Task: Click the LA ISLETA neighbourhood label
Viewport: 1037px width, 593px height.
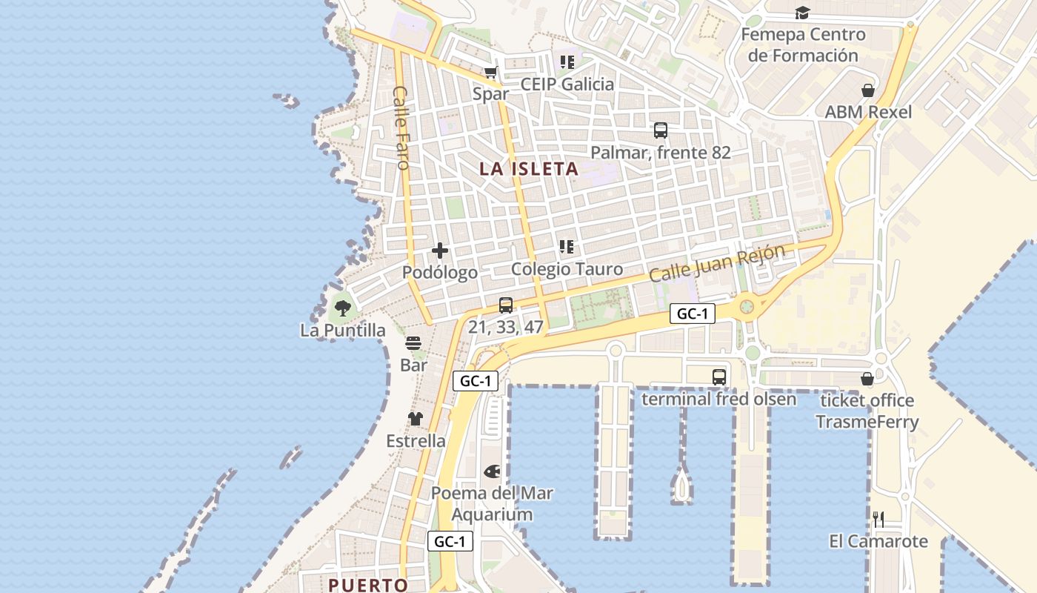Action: click(x=528, y=169)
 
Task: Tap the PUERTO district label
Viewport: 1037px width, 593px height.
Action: click(x=368, y=585)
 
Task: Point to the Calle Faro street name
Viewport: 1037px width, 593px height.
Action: click(x=401, y=127)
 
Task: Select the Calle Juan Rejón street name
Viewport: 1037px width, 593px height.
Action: click(x=716, y=263)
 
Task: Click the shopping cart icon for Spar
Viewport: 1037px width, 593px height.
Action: click(x=490, y=72)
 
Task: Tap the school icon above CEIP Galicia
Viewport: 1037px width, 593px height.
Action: click(x=567, y=62)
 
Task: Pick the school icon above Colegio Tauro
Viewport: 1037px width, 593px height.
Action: click(x=567, y=246)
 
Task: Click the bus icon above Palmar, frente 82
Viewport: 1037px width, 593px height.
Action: click(x=661, y=130)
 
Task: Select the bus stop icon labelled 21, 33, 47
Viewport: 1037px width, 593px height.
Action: click(x=506, y=305)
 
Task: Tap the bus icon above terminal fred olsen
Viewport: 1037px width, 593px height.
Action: click(x=719, y=377)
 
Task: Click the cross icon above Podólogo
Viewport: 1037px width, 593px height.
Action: click(x=440, y=251)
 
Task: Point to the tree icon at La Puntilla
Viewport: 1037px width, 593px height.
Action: click(x=342, y=308)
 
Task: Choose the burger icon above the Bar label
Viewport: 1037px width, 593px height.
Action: click(x=413, y=343)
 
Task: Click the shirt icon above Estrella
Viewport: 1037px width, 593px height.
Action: click(x=416, y=419)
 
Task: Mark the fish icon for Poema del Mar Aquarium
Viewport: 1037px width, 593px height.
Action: click(x=493, y=471)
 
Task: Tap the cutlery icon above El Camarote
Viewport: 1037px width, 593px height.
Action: click(x=878, y=519)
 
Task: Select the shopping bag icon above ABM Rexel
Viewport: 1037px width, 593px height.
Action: click(x=868, y=90)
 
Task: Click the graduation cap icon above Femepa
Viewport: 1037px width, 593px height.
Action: click(x=802, y=13)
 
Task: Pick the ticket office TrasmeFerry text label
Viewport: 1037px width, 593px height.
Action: click(x=867, y=411)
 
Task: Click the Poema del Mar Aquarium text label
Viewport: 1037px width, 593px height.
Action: click(x=492, y=503)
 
